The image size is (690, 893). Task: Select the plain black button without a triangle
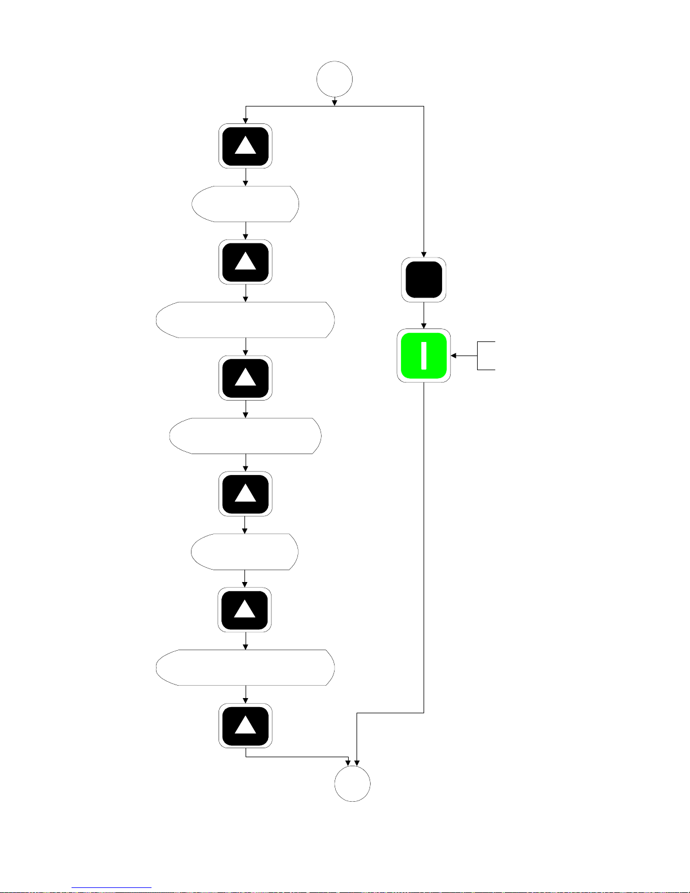(x=424, y=279)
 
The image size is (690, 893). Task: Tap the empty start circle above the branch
(x=335, y=79)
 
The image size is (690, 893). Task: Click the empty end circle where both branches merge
(x=353, y=783)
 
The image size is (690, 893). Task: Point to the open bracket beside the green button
(x=486, y=356)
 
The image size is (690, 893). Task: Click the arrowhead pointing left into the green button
(x=453, y=356)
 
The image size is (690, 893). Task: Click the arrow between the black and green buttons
(x=424, y=316)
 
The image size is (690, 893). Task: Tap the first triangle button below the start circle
(x=246, y=146)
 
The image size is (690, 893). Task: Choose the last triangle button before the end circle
(x=246, y=726)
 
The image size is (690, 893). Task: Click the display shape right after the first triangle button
(x=246, y=203)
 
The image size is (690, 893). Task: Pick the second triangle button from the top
(x=246, y=262)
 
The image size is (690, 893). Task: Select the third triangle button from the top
(x=246, y=377)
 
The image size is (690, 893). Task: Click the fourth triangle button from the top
(x=246, y=494)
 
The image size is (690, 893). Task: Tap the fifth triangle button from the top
(x=245, y=610)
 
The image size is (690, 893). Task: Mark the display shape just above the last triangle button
(x=246, y=668)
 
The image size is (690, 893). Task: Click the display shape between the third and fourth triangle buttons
(x=246, y=436)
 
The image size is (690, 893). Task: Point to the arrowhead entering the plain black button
(x=424, y=255)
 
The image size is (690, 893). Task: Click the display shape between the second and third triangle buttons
(x=246, y=319)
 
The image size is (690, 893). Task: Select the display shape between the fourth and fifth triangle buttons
(x=245, y=552)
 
